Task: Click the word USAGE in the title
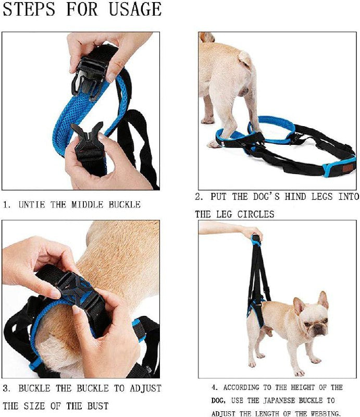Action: point(135,9)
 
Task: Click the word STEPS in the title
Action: point(29,9)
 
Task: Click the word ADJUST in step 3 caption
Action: point(145,388)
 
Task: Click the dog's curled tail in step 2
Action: point(245,58)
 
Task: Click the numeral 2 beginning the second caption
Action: point(198,197)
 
